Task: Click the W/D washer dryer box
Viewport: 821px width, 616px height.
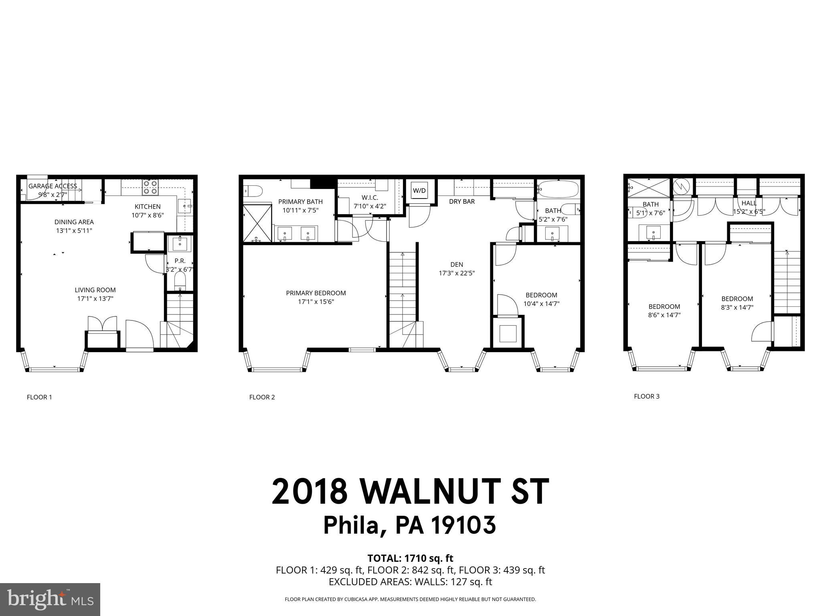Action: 419,190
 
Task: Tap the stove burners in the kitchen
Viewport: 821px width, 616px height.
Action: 150,187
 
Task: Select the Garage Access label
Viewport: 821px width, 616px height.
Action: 53,186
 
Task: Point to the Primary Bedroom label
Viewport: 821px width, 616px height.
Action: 316,293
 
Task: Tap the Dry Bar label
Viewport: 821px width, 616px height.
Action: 462,202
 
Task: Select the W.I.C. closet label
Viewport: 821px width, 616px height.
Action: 370,198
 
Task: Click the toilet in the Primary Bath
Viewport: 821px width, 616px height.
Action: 253,190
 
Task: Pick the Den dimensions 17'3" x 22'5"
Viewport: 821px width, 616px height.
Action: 457,274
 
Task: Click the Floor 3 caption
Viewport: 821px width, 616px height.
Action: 647,397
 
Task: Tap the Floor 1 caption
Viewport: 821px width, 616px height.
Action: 39,397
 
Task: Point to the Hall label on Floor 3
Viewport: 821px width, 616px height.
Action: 749,203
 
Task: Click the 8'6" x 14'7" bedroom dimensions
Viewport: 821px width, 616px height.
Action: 664,315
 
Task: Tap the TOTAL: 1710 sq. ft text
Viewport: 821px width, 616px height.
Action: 410,558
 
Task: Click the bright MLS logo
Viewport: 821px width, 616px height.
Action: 50,600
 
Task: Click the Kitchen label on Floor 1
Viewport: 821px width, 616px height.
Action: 148,207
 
